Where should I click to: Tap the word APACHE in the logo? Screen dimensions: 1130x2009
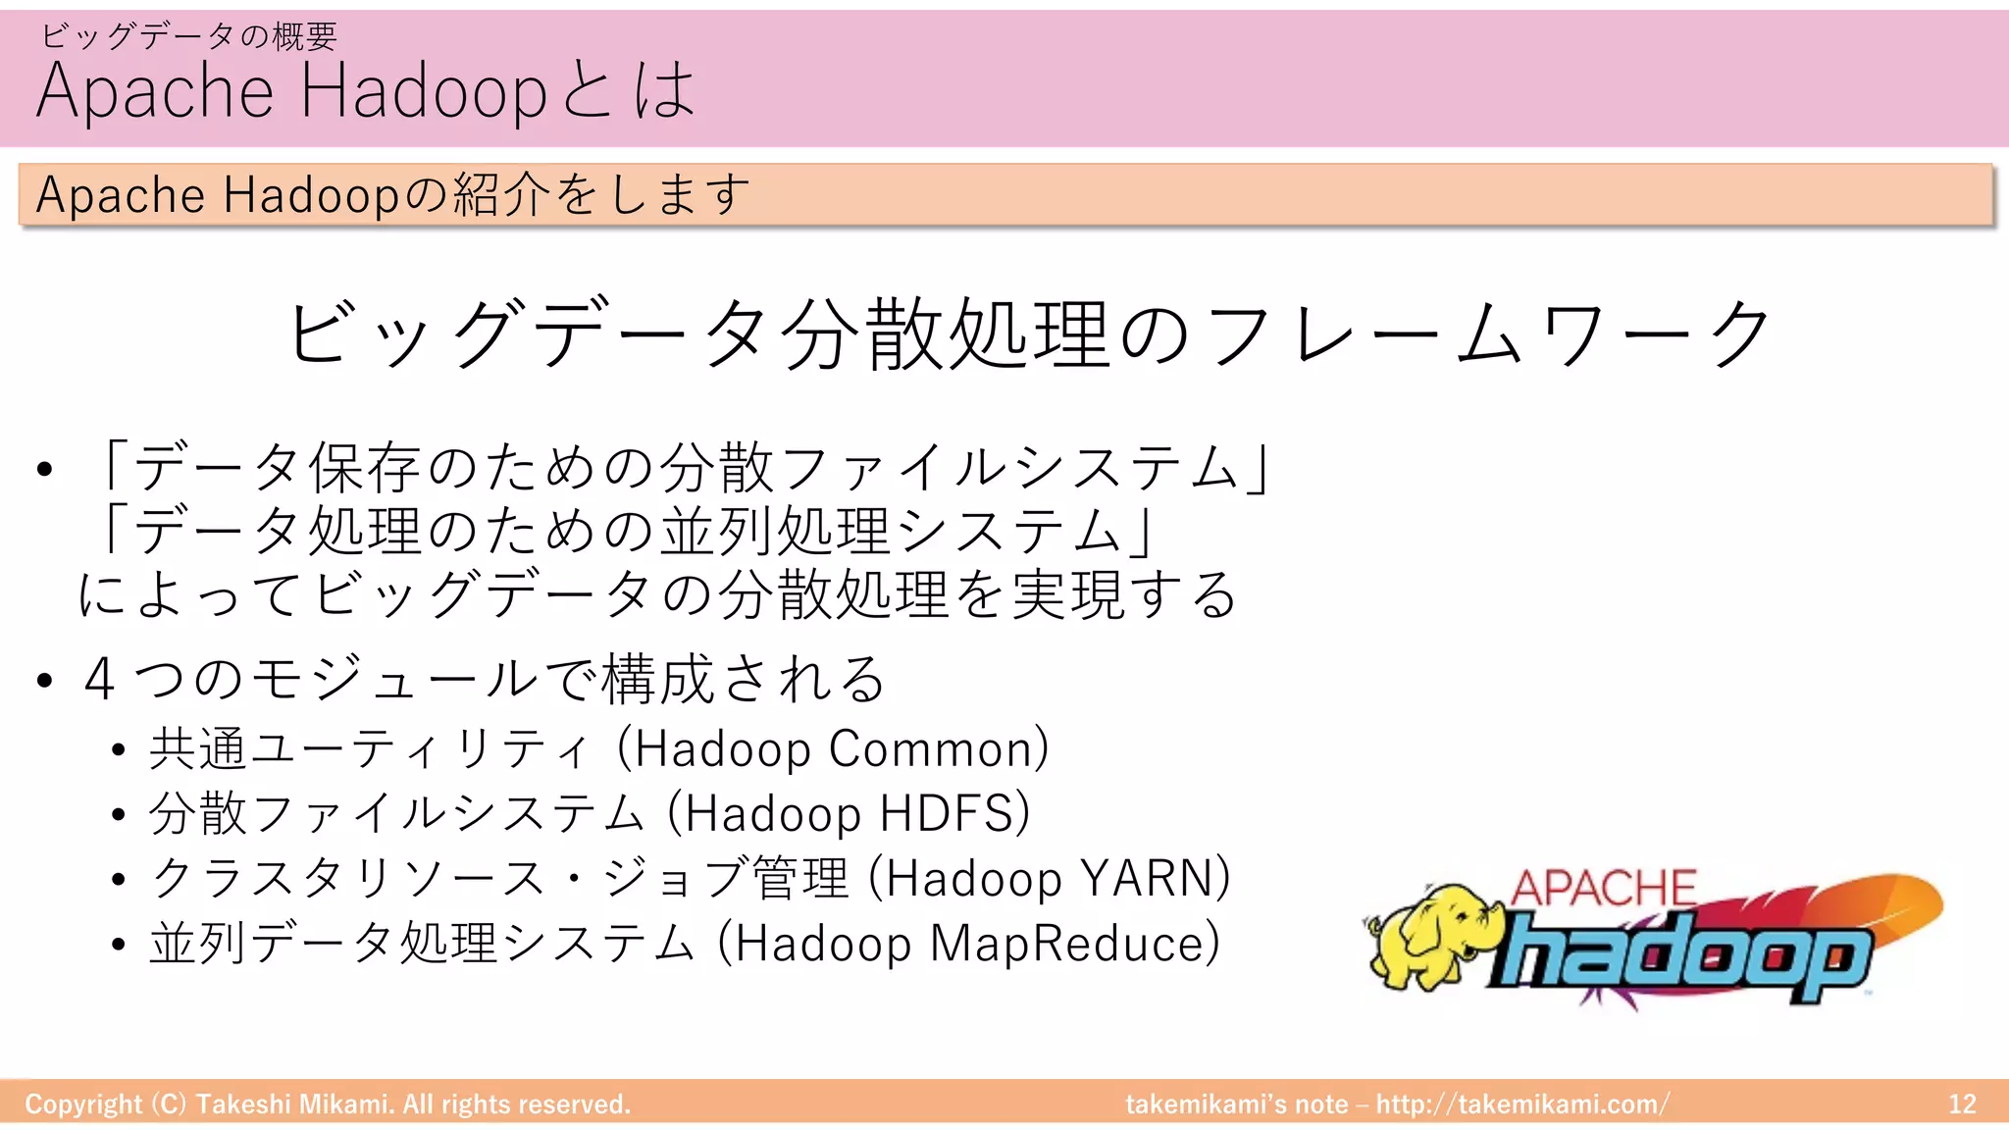(1603, 889)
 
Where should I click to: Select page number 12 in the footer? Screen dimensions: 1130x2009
(1962, 1104)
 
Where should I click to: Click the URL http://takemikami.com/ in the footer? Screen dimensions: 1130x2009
(1522, 1104)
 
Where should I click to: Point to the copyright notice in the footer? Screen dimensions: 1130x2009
(328, 1104)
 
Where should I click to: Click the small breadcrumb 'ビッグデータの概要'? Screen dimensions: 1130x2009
(189, 36)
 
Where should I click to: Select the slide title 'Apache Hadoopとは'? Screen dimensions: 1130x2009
(366, 90)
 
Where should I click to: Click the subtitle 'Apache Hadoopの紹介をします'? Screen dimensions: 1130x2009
(392, 194)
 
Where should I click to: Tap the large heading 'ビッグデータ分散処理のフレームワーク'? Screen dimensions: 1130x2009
(1029, 334)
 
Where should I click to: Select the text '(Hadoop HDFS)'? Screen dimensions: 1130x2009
(849, 814)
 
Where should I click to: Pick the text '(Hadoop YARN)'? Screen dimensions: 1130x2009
(1050, 879)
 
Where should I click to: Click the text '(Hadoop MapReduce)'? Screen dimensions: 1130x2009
(969, 944)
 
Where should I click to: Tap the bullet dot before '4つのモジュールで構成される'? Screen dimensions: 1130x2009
(44, 680)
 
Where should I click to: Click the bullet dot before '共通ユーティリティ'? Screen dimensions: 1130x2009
(119, 751)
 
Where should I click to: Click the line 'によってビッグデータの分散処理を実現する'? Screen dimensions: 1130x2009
(657, 594)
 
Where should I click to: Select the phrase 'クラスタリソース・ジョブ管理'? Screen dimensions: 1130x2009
(500, 879)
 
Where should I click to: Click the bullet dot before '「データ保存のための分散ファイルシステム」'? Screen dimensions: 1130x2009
(44, 469)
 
